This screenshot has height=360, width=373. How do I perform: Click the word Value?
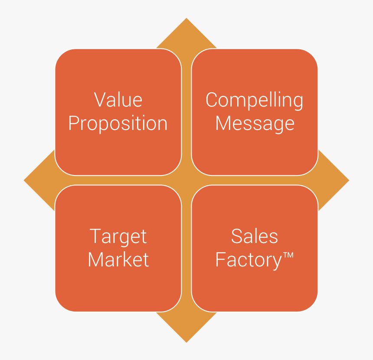[x=118, y=100]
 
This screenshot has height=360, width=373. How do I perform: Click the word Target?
[x=118, y=237]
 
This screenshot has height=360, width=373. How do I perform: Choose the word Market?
[x=118, y=259]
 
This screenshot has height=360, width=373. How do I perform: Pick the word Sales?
[x=255, y=236]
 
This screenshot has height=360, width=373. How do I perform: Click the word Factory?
[x=249, y=260]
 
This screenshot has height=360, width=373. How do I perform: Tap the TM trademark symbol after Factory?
[x=288, y=255]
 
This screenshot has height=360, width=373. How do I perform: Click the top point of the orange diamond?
[x=186, y=18]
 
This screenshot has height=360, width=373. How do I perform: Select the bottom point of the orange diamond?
[x=186, y=342]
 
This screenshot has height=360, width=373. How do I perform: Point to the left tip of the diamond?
[x=24, y=180]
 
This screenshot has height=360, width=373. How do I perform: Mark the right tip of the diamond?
[x=349, y=180]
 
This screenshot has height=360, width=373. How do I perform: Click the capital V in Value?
[x=100, y=100]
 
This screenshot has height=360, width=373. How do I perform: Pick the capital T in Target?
[x=95, y=236]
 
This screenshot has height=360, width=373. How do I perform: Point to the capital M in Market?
[x=96, y=259]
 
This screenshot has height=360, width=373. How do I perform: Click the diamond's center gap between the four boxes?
[x=186, y=180]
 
